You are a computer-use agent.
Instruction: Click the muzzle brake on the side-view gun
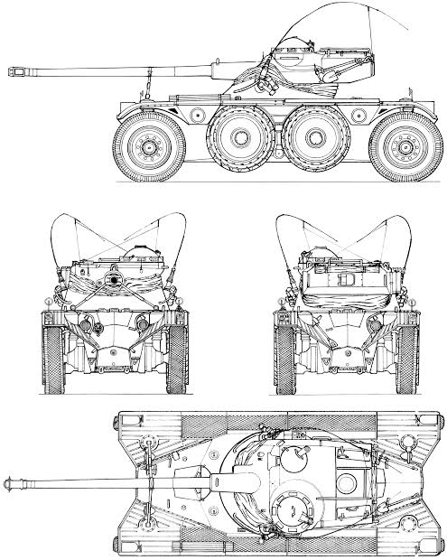point(19,68)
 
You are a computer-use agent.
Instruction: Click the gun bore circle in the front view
point(115,279)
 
